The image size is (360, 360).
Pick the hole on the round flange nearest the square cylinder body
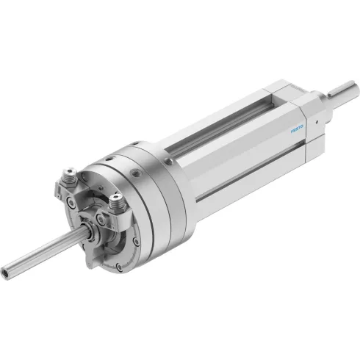pos(168,160)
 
